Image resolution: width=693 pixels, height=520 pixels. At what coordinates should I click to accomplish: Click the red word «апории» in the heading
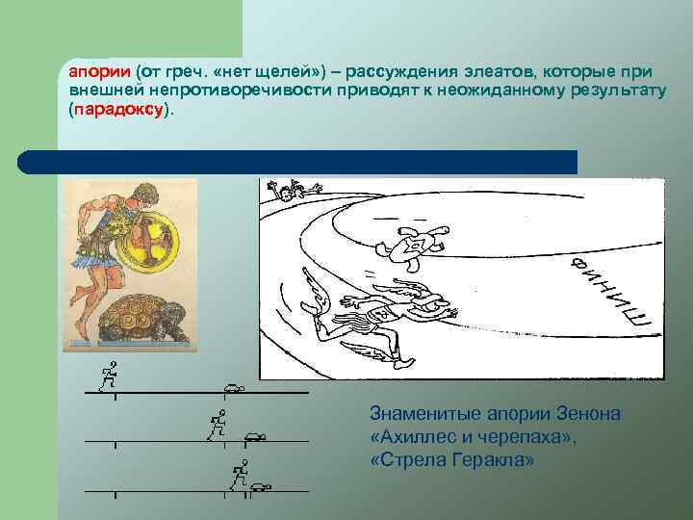(x=97, y=72)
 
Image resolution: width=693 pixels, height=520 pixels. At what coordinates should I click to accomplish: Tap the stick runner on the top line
(x=109, y=376)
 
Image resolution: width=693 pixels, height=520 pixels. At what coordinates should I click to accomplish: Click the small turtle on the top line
(x=233, y=388)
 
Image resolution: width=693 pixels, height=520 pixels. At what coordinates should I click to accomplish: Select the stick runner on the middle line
(x=218, y=424)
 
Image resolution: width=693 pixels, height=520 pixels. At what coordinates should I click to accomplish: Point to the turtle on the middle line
(x=255, y=436)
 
